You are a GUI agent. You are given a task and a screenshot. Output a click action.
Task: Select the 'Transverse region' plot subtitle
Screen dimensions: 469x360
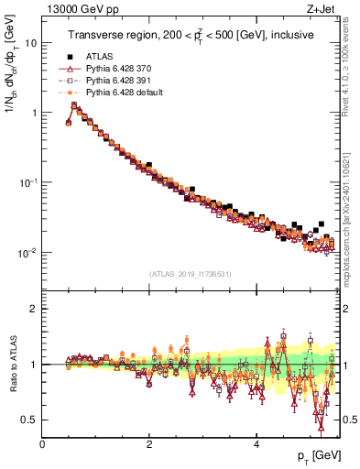pyautogui.click(x=191, y=36)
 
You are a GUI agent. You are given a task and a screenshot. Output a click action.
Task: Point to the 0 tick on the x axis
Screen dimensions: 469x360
pyautogui.click(x=43, y=444)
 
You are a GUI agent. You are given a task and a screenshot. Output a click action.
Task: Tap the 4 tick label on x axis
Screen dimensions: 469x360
pyautogui.click(x=256, y=444)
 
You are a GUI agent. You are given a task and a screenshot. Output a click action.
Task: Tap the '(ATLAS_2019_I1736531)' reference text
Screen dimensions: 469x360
pyautogui.click(x=191, y=274)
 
